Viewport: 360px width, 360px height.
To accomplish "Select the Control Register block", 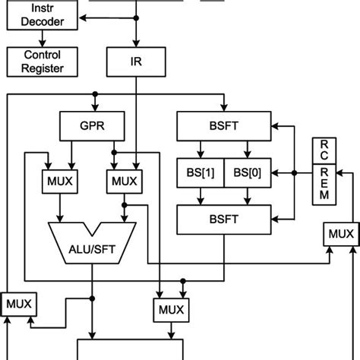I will pos(42,62).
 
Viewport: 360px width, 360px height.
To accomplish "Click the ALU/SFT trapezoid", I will pos(93,241).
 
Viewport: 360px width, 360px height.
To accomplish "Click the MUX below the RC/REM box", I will pos(339,233).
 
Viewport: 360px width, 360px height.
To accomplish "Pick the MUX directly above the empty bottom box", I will pos(172,310).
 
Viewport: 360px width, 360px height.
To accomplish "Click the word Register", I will pos(43,68).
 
